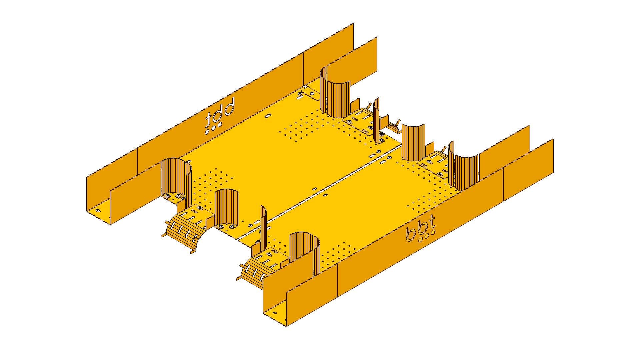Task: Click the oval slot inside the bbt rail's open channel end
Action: [x=274, y=313]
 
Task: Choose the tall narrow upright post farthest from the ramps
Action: [x=377, y=120]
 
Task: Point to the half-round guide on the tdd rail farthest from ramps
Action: [x=337, y=97]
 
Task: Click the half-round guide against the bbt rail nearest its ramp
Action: [x=305, y=253]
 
